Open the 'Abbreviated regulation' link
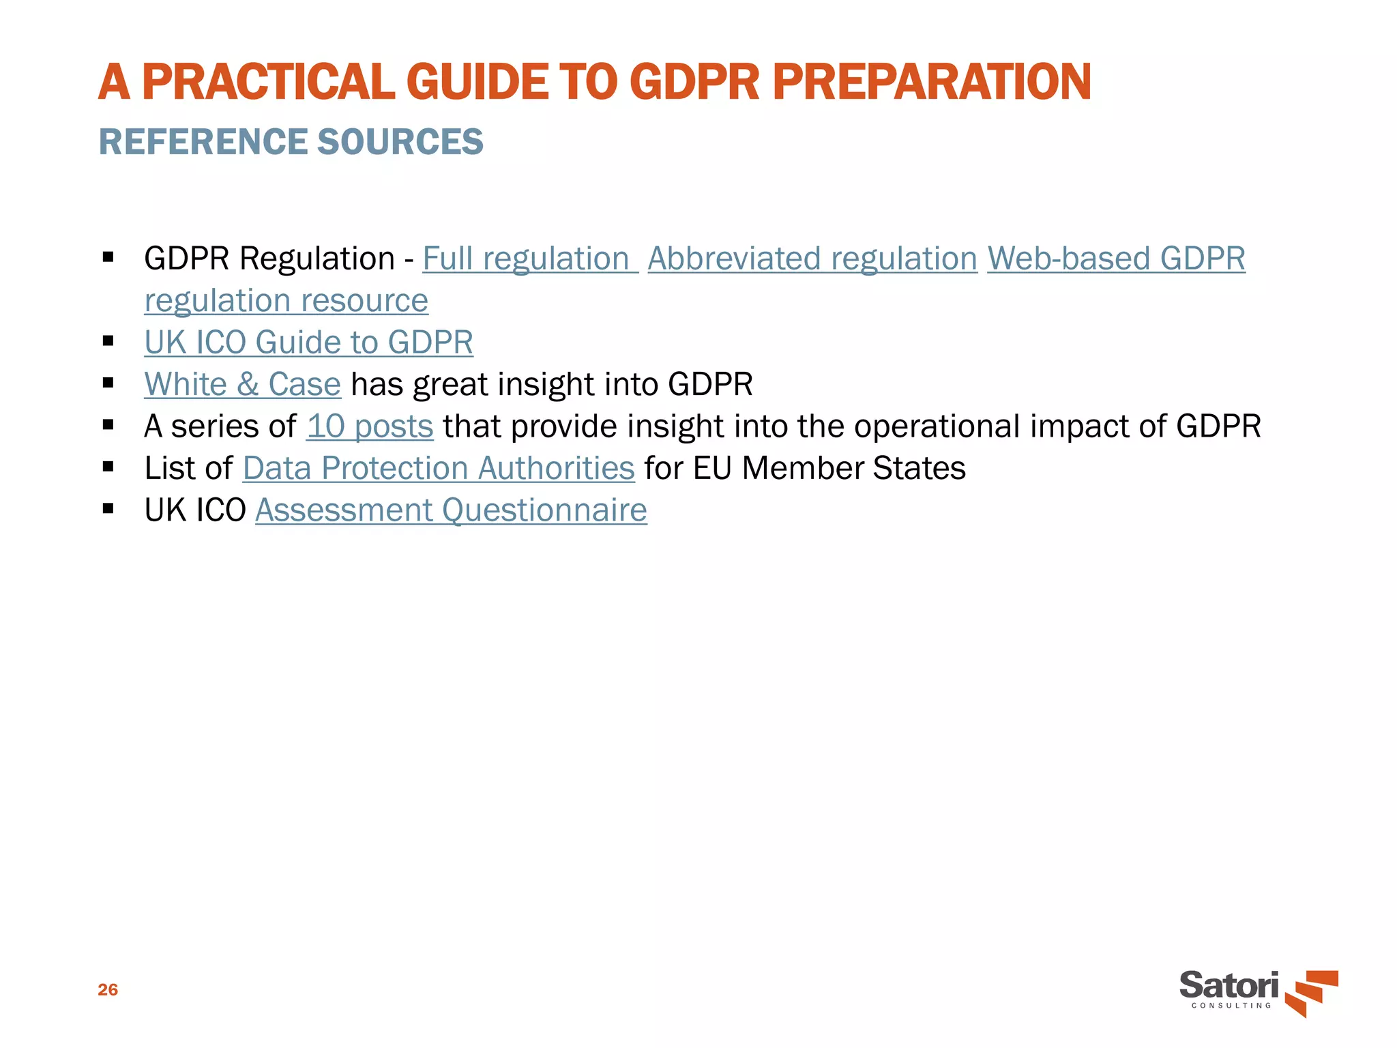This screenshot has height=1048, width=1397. (812, 259)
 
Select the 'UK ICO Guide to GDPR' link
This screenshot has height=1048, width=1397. (308, 343)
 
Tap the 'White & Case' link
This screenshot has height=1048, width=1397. (242, 384)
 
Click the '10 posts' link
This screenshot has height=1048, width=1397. (370, 426)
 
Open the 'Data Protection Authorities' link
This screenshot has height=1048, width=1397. (439, 469)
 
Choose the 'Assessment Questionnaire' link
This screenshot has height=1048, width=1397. (451, 510)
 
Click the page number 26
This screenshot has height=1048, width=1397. (108, 990)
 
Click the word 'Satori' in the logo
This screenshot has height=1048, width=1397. (1229, 985)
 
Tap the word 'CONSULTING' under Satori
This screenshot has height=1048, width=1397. (1231, 1006)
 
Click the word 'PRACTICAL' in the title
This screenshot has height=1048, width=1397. (268, 82)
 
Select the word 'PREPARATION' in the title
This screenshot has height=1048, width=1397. (932, 82)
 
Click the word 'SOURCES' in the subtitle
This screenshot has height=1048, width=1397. (400, 142)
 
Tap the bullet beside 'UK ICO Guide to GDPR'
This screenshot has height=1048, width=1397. (108, 341)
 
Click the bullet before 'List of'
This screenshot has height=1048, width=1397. (108, 467)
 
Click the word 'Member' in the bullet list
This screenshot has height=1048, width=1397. (802, 469)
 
